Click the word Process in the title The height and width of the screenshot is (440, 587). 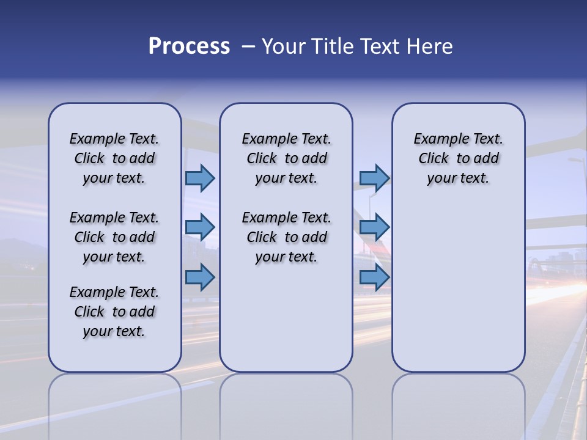click(189, 46)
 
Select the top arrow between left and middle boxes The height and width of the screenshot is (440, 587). click(200, 178)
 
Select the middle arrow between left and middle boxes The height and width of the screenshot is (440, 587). click(200, 227)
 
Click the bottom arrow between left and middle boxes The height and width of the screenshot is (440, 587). click(200, 277)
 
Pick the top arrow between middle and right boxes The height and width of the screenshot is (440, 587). click(374, 178)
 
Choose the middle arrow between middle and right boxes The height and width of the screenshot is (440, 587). click(374, 227)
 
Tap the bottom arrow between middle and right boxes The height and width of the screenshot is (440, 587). click(374, 277)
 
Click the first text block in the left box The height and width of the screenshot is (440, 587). click(114, 158)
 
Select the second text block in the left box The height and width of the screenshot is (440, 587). click(114, 237)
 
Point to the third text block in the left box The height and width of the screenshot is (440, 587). click(114, 312)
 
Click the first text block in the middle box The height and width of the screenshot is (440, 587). click(286, 158)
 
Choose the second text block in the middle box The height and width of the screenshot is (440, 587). click(286, 237)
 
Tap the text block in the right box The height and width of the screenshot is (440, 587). click(458, 158)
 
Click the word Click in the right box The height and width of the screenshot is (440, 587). click(434, 158)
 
